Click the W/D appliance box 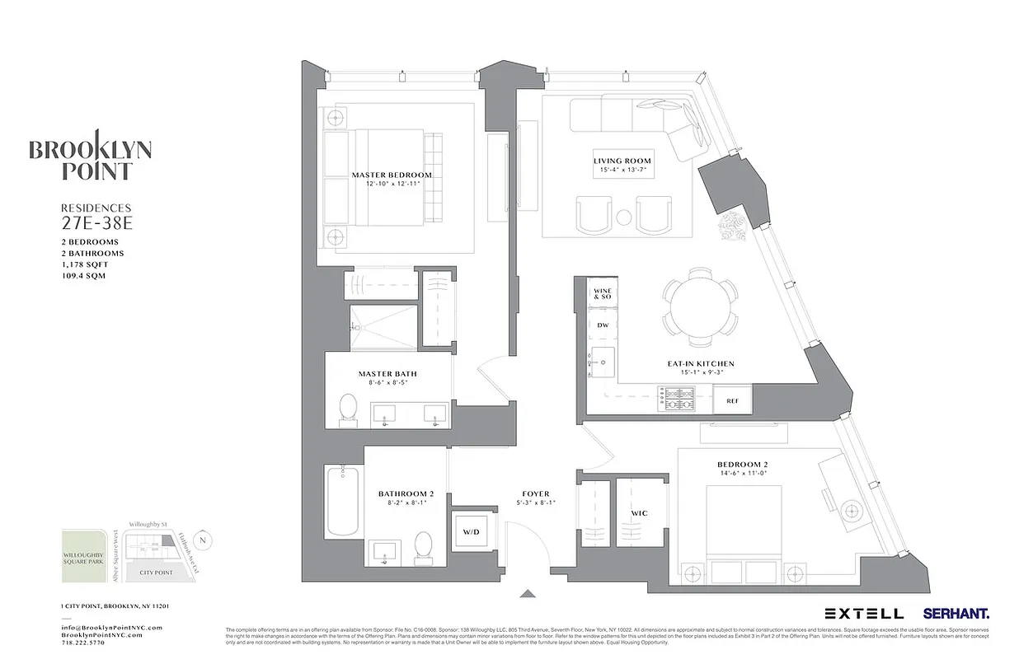[x=471, y=532]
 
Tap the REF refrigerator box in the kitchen [x=732, y=400]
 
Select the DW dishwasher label [x=602, y=325]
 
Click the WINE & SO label [x=602, y=294]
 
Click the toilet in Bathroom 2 [x=424, y=545]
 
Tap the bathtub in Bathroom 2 [x=341, y=500]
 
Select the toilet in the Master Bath [x=349, y=409]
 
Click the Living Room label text [x=622, y=161]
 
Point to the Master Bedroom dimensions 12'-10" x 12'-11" [x=392, y=184]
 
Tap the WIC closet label [x=639, y=513]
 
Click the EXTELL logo [x=864, y=614]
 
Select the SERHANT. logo [x=956, y=614]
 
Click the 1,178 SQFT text [x=84, y=264]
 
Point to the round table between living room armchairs [x=624, y=217]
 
